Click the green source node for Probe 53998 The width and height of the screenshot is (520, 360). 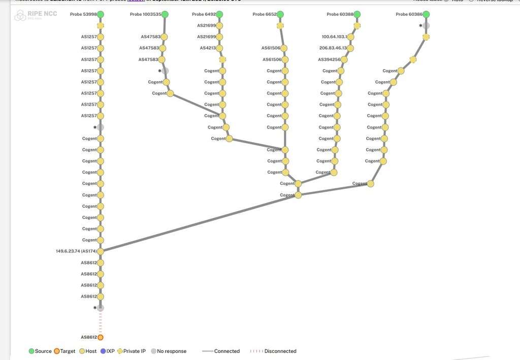coord(101,14)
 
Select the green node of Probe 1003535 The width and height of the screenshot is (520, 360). coord(165,14)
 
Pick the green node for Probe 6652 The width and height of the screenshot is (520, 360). coord(280,14)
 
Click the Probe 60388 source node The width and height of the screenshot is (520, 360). coord(357,14)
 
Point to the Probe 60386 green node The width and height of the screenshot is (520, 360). coord(426,14)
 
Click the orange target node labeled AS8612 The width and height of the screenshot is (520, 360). coord(101,337)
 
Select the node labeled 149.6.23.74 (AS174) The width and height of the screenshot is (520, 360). coord(101,251)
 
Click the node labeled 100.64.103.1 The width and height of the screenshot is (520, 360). coord(351,37)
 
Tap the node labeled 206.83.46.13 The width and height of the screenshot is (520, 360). coord(350,48)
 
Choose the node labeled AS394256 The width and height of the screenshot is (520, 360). coord(344,59)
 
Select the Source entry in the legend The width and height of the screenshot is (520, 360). coord(40,351)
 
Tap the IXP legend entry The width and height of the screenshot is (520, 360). coord(107,351)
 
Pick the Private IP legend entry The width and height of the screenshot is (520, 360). coord(131,351)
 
